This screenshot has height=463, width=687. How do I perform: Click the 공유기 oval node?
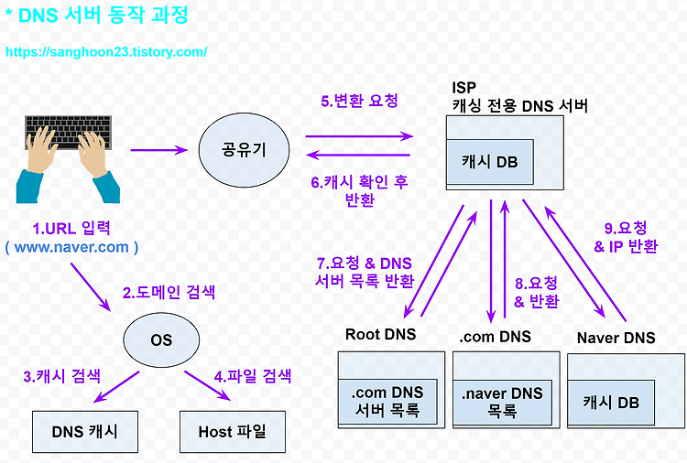click(244, 150)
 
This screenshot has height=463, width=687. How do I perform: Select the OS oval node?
click(161, 340)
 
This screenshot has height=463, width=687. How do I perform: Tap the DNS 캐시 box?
click(85, 432)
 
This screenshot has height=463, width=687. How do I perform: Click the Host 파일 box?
click(233, 432)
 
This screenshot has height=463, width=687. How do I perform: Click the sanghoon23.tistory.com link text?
click(106, 52)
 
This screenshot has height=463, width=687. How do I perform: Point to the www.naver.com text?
click(71, 247)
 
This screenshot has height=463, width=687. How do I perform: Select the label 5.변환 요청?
click(359, 101)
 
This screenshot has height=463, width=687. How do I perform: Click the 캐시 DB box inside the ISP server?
click(490, 162)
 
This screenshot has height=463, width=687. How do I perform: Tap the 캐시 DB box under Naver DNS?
click(611, 403)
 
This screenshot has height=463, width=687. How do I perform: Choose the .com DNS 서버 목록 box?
click(387, 402)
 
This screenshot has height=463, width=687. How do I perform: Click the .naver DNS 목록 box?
click(502, 403)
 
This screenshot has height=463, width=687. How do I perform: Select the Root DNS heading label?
click(380, 334)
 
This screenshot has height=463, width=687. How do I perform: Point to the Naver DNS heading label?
click(616, 338)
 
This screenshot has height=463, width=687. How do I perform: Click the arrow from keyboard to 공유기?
click(159, 150)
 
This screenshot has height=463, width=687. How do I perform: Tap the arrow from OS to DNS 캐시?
click(116, 387)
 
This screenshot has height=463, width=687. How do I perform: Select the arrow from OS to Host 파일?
click(207, 385)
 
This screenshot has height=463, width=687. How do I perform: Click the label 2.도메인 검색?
click(169, 292)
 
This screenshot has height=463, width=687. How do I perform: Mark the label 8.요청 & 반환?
click(536, 292)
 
